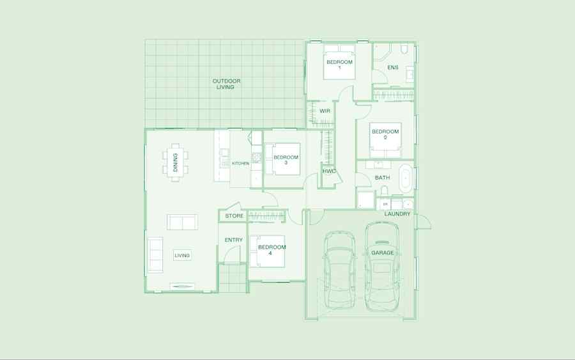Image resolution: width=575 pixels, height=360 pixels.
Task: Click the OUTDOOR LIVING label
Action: click(226, 84)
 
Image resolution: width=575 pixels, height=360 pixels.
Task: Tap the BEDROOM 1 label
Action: click(340, 65)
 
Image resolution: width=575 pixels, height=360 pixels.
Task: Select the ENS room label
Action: click(393, 68)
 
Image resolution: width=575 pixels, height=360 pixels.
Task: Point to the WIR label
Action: click(325, 111)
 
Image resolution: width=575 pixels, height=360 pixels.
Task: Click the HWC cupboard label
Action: click(329, 171)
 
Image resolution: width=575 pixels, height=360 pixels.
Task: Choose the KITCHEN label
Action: click(241, 163)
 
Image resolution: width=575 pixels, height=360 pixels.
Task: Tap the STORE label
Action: click(234, 215)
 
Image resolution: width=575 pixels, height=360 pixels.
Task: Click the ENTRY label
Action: click(234, 240)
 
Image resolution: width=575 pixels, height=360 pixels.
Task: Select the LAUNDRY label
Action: click(397, 214)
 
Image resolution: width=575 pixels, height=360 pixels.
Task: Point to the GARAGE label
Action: click(383, 253)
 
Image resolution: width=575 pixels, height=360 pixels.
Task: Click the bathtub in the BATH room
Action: click(406, 178)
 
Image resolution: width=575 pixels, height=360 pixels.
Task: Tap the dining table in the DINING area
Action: click(176, 162)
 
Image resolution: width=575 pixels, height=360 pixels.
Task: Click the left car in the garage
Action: click(340, 270)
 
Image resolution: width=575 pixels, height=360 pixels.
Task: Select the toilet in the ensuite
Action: click(404, 49)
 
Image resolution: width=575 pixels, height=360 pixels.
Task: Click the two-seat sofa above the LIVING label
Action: click(182, 222)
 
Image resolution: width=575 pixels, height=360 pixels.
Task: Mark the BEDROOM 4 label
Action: click(272, 250)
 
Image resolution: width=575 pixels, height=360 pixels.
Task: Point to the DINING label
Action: click(175, 162)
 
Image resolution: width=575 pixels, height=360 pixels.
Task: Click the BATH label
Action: click(383, 178)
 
